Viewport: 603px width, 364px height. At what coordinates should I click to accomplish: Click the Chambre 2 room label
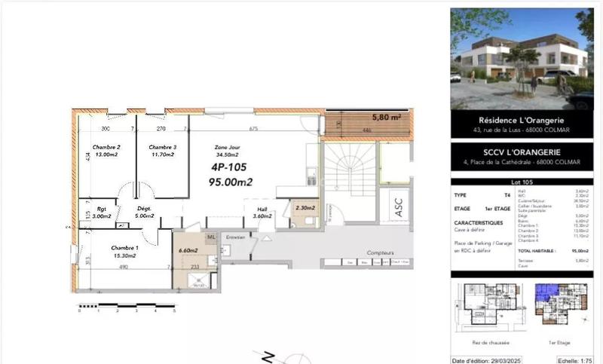tap(107, 147)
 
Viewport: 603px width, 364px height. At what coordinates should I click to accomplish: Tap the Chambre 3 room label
tap(162, 147)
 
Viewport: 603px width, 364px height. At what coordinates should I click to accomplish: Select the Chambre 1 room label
tap(124, 248)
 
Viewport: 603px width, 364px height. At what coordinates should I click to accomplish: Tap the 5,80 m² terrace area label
tap(386, 118)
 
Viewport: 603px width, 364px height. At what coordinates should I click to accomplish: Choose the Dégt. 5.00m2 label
tap(145, 213)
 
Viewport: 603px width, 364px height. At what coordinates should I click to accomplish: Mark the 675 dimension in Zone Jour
tap(253, 129)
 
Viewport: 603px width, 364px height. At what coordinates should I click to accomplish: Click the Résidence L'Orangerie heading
tap(522, 120)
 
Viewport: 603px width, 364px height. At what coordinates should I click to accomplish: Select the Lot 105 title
tap(522, 182)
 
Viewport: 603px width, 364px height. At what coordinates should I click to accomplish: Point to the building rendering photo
tap(522, 59)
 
